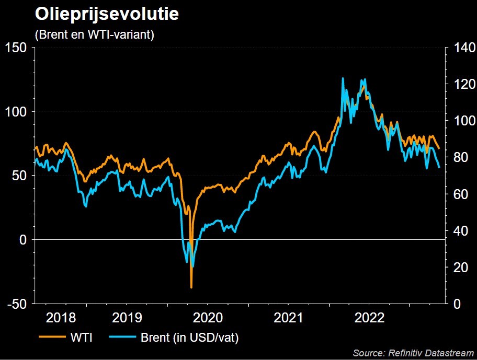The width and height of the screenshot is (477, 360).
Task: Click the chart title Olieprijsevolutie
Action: tap(107, 14)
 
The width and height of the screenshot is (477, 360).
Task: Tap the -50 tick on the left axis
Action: tap(17, 304)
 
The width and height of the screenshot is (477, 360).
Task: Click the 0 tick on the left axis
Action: tap(23, 240)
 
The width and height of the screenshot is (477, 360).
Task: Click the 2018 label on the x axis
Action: tap(61, 318)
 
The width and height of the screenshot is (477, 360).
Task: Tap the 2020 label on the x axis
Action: tap(208, 318)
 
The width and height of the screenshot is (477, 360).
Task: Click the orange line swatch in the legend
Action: tap(51, 337)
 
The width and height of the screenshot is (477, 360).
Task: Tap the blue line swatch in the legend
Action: tap(122, 337)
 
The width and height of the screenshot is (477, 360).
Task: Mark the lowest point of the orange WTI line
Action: tap(191, 287)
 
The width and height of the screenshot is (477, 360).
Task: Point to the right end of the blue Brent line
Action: tap(439, 167)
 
